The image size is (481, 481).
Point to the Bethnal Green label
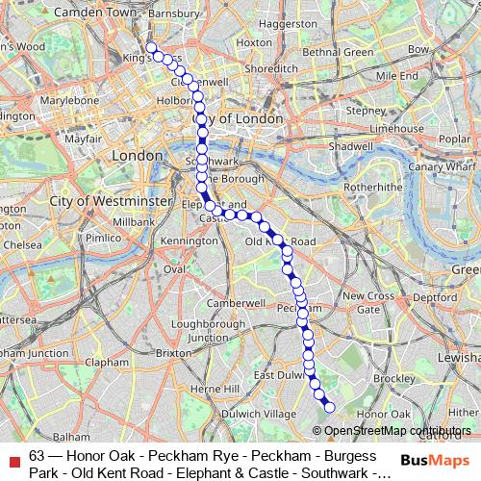(x=343, y=52)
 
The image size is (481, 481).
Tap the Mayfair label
(x=84, y=139)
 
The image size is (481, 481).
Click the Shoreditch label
(x=270, y=69)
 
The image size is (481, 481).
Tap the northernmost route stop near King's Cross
(x=151, y=47)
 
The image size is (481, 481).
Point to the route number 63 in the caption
(x=37, y=455)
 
